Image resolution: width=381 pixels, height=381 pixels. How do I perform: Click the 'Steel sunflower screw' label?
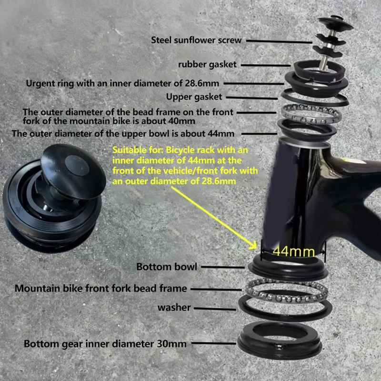point(196,40)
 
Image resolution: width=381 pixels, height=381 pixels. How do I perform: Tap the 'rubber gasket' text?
point(207,64)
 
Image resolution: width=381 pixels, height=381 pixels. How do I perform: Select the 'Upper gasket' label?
point(194,97)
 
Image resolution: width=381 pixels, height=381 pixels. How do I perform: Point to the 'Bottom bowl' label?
point(167,266)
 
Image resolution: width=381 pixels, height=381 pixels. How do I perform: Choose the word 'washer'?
point(174,307)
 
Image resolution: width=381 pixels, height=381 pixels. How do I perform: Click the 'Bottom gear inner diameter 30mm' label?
point(105,343)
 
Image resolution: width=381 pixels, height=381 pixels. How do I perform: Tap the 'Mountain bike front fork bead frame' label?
point(100,288)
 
